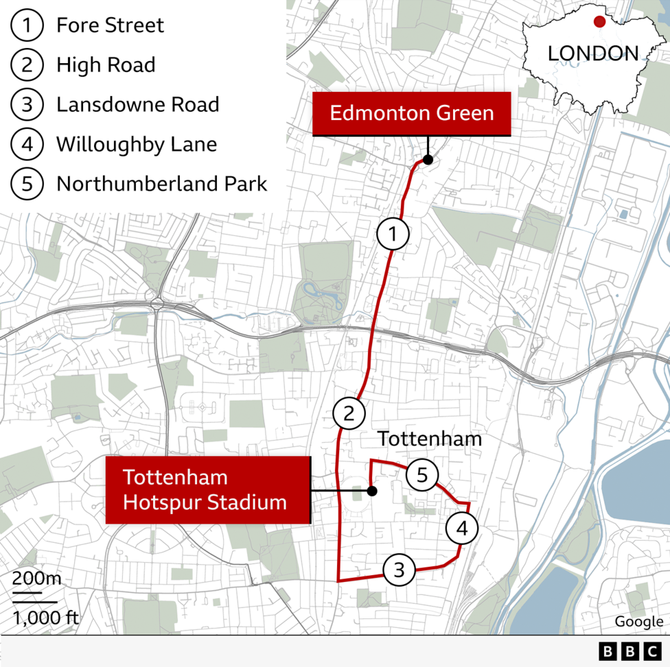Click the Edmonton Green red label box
412,113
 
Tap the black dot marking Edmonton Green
428,160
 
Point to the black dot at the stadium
372,491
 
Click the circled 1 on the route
393,235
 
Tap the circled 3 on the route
400,570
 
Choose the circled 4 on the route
462,528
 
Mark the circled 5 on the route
422,474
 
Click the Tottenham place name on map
430,439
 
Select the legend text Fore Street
110,26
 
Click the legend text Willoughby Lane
136,145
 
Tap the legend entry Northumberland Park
161,184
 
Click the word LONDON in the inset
592,54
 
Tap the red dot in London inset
599,21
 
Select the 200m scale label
36,578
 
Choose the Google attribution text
638,622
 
